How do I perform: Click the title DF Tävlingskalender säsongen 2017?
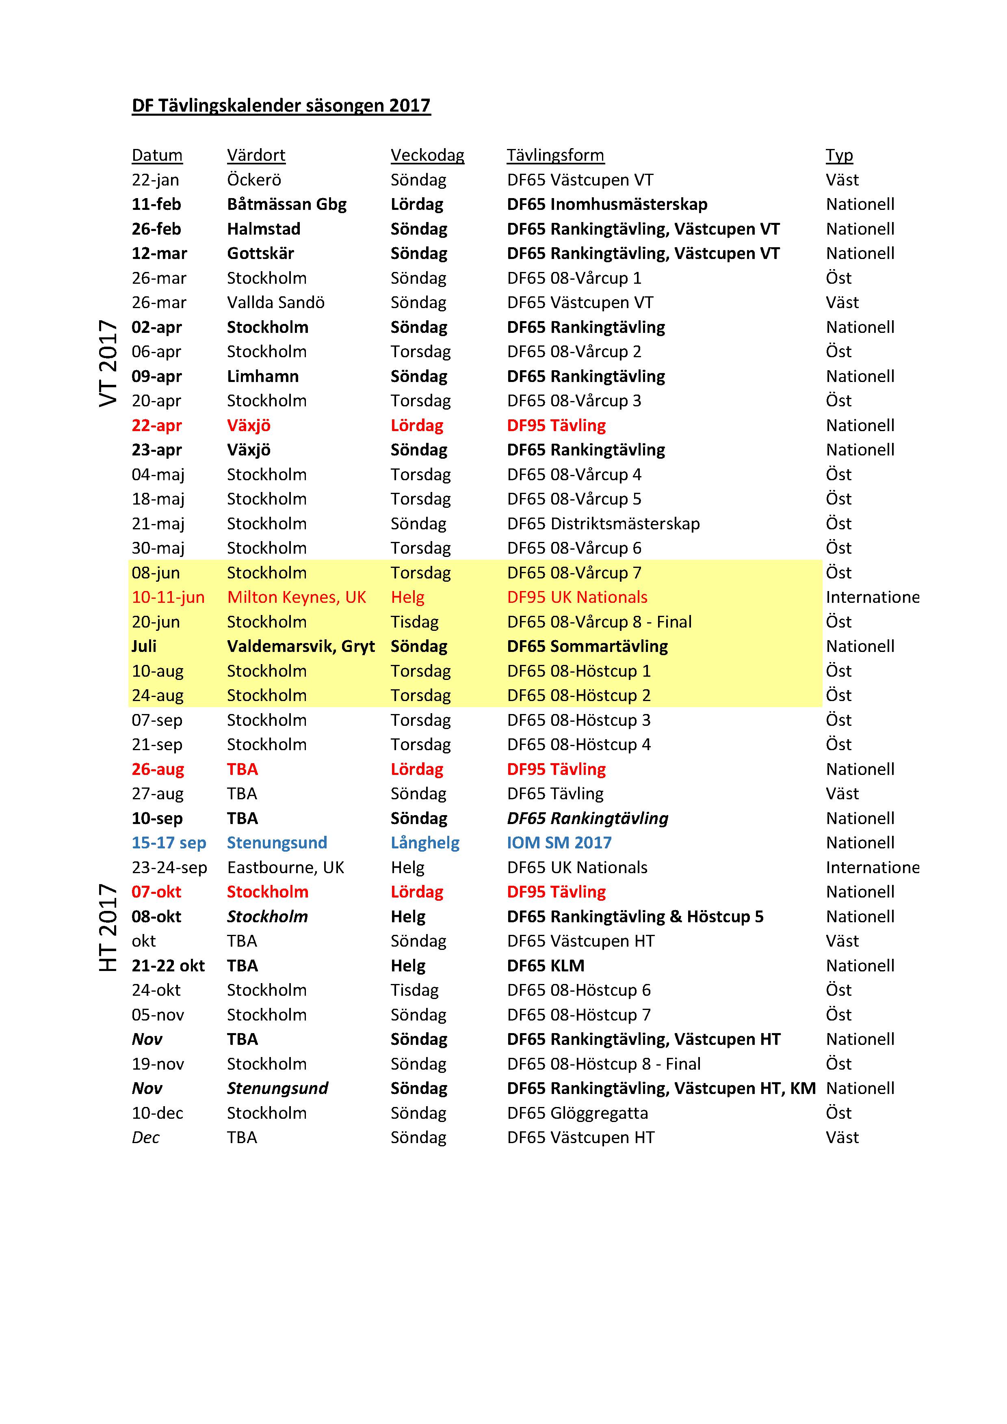coord(281,106)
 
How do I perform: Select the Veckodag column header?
coord(427,155)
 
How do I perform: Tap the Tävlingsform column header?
coord(555,155)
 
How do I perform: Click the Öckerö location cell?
coord(254,180)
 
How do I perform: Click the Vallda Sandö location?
coord(275,303)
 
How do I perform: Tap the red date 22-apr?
coord(156,425)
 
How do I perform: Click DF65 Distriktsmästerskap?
coord(603,524)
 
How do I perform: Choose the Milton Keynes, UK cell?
coord(296,597)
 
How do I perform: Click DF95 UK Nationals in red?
coord(577,597)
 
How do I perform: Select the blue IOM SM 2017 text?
coord(559,843)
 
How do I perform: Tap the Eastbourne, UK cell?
coord(286,867)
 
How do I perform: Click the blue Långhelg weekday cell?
coord(425,843)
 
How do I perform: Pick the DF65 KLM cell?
coord(546,966)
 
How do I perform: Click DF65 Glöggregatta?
coord(577,1113)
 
